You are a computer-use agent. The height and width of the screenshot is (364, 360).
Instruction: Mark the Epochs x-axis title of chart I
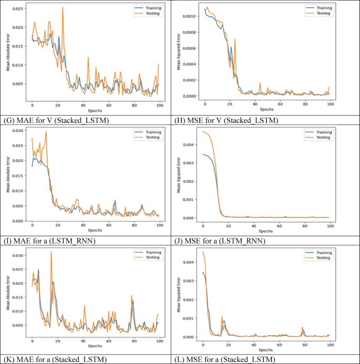[96, 230]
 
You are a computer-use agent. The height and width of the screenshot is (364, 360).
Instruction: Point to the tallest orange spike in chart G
[63, 7]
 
